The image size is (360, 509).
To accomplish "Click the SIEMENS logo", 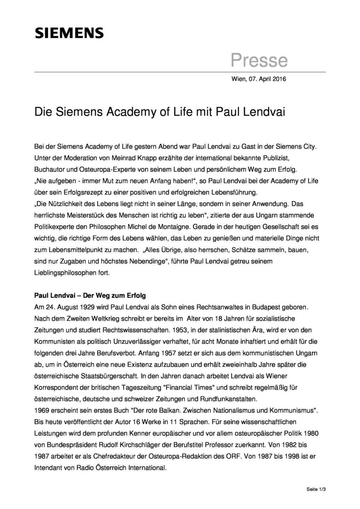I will [x=69, y=33].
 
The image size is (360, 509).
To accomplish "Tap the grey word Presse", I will [x=259, y=60].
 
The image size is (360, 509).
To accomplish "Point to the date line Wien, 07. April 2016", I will [x=259, y=79].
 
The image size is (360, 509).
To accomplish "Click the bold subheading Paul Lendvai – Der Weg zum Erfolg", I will [x=90, y=296].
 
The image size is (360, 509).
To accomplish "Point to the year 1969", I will [x=41, y=410].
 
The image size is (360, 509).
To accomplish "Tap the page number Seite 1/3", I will [x=316, y=490].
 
